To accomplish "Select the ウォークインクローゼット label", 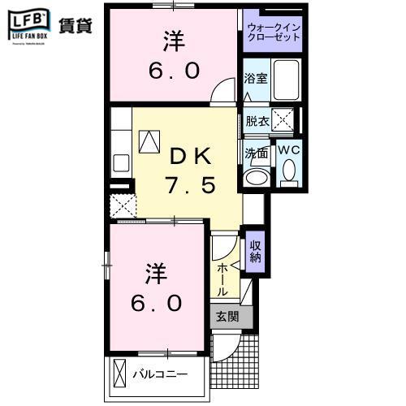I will tap(273, 33).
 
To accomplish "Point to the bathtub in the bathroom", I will tap(287, 80).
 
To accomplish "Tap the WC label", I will tap(288, 149).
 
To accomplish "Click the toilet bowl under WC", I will tap(288, 171).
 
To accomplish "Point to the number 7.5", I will tap(192, 186).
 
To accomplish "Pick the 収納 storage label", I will tap(255, 251).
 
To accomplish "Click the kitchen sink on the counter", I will tap(120, 162).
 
